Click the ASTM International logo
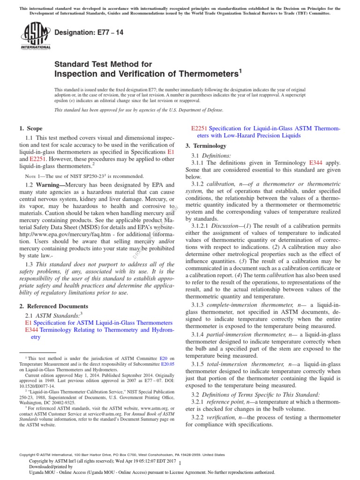(35, 37)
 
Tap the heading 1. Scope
(30, 128)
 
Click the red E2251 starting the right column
(200, 128)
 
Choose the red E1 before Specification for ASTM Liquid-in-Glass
(27, 323)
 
